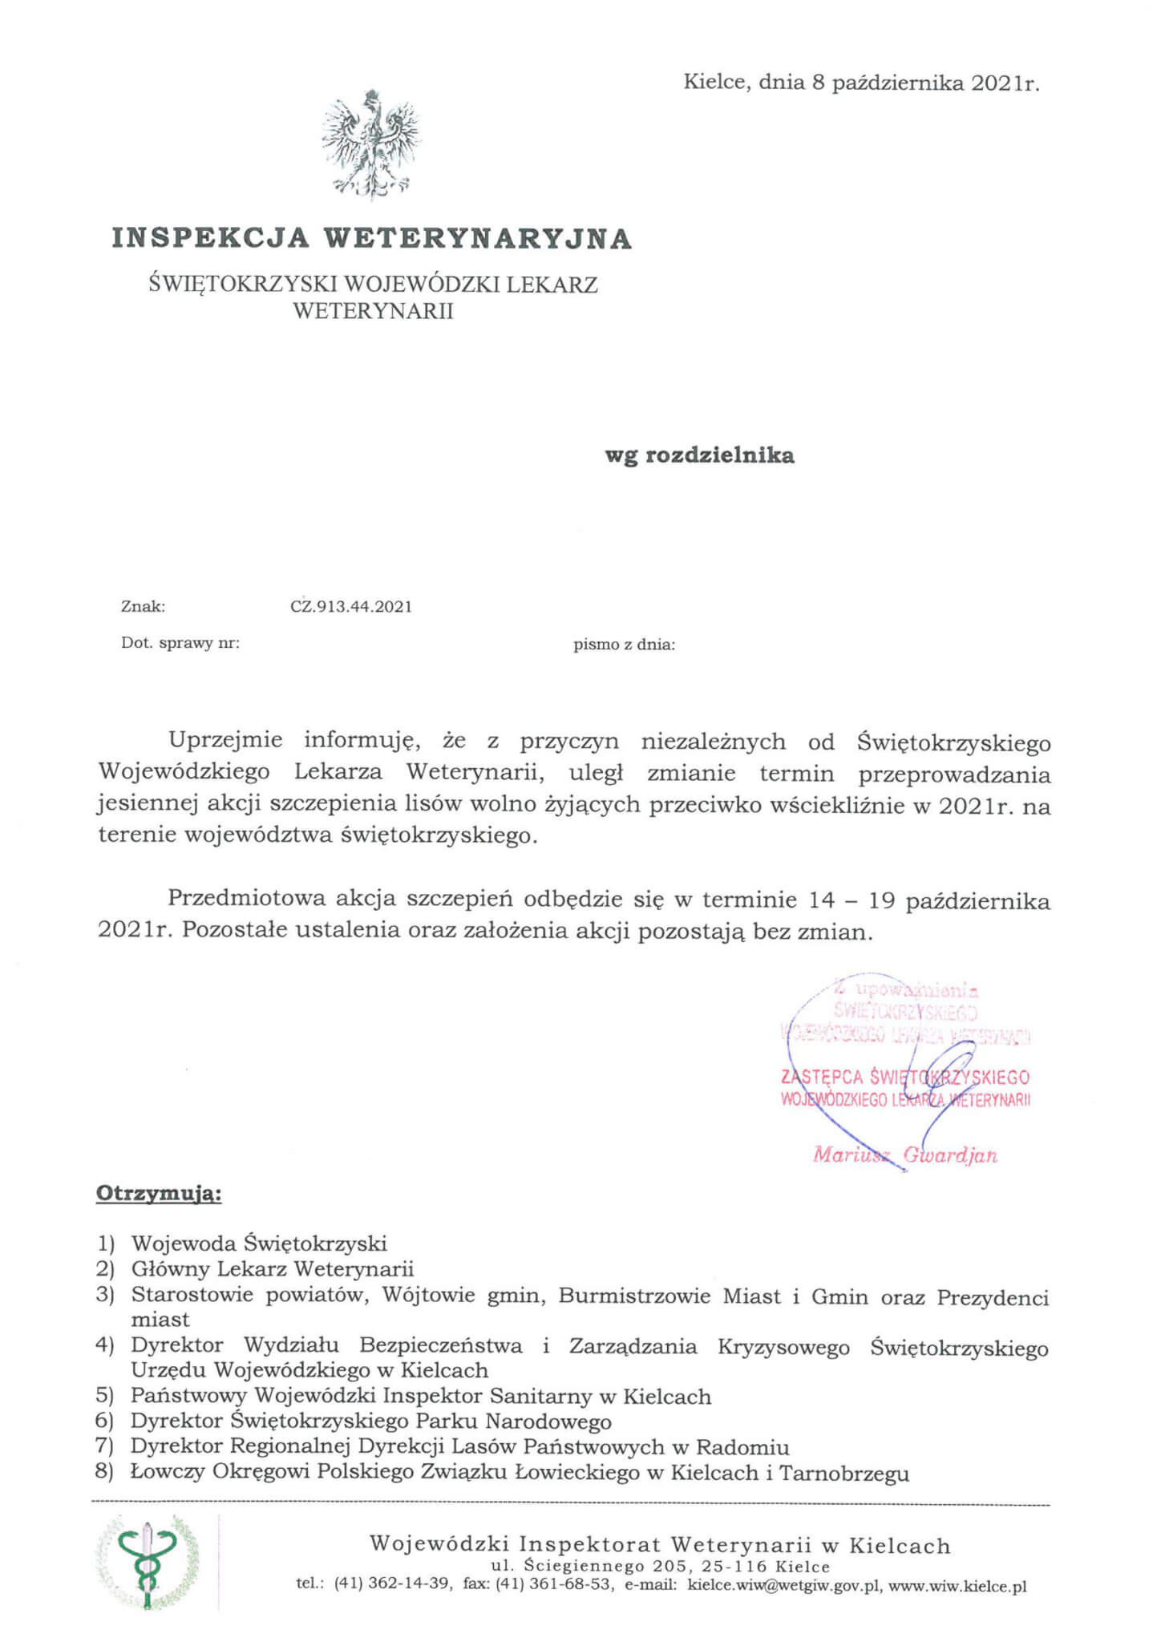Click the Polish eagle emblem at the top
coord(371,144)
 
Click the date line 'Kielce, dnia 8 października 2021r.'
coord(861,83)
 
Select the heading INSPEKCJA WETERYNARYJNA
coord(372,238)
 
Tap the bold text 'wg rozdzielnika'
coord(699,455)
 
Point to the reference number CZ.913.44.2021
coord(351,607)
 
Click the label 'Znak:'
coord(143,607)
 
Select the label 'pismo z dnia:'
coord(624,644)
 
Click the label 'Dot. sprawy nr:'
coord(180,643)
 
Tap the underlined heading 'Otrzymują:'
coord(159,1194)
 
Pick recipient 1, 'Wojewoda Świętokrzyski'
coord(259,1244)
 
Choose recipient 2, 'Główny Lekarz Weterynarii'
coord(273,1268)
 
